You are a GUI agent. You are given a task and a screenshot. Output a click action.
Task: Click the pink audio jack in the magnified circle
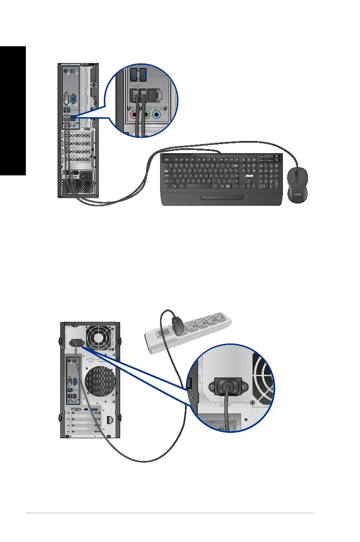tap(134, 115)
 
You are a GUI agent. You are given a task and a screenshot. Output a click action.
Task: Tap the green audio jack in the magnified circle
tap(146, 115)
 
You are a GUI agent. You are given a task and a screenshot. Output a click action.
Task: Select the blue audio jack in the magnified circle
tap(157, 115)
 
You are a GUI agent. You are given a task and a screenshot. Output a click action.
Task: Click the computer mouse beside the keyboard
tap(297, 184)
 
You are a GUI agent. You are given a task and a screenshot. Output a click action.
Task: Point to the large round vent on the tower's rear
tap(96, 378)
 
